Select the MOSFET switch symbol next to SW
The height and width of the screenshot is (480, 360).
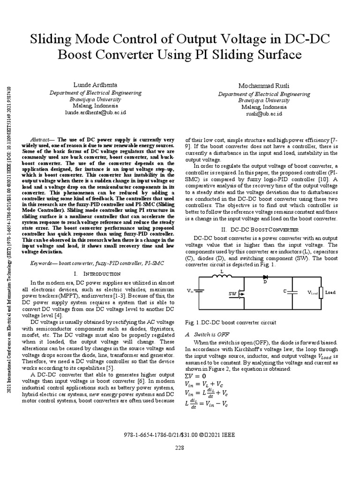tap(240, 294)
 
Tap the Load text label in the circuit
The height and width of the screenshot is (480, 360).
tap(330, 292)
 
